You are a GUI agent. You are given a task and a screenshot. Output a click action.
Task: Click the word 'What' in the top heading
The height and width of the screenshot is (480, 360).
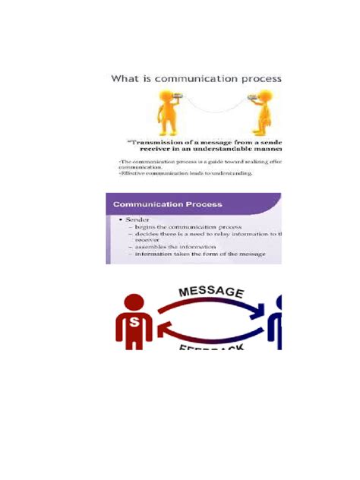(125, 79)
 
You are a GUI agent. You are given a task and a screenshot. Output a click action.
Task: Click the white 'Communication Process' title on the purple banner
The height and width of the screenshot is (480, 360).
(168, 204)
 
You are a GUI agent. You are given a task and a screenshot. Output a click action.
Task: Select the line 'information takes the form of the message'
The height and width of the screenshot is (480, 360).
(200, 254)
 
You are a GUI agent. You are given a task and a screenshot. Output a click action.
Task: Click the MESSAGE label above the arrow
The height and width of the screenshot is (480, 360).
(210, 292)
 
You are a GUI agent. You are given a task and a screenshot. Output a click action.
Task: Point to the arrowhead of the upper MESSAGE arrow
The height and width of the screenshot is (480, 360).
(268, 308)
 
